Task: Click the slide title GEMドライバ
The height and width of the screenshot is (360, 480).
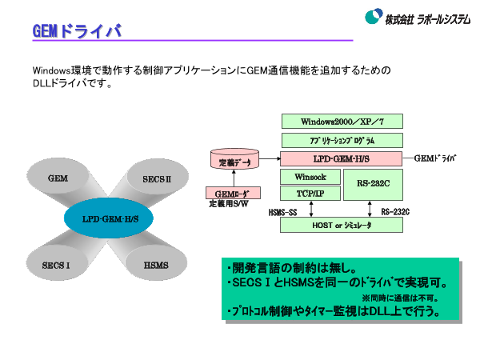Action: [x=77, y=30]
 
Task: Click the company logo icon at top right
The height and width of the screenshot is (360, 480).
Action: [x=373, y=17]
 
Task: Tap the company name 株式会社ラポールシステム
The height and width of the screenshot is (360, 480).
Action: [x=427, y=18]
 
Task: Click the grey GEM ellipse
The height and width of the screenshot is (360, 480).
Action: [x=58, y=178]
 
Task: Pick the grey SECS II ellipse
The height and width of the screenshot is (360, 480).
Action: [x=156, y=178]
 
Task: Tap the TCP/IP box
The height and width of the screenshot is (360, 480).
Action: [x=310, y=194]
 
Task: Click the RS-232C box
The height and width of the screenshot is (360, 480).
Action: [x=373, y=185]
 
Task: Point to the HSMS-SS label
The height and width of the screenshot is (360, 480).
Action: [x=282, y=213]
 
